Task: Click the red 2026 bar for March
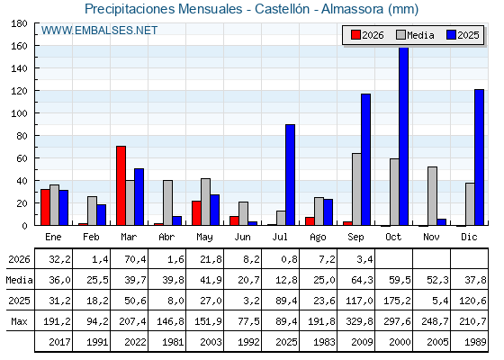tap(121, 185)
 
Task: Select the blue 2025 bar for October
tap(404, 136)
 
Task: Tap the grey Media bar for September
tap(356, 189)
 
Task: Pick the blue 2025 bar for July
tap(290, 175)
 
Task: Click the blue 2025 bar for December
tap(479, 157)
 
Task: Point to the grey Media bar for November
tap(432, 196)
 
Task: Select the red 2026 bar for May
tap(197, 213)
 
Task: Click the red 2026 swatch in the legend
tap(355, 35)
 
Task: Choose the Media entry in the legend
tap(415, 35)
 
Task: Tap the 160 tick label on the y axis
tap(19, 46)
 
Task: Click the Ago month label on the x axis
tap(318, 238)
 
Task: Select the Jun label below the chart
tap(242, 238)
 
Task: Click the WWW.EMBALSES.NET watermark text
tap(99, 31)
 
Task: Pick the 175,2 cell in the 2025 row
tap(397, 301)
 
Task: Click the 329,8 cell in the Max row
tap(359, 321)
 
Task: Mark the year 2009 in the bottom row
tap(362, 342)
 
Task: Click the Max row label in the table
tap(19, 321)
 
